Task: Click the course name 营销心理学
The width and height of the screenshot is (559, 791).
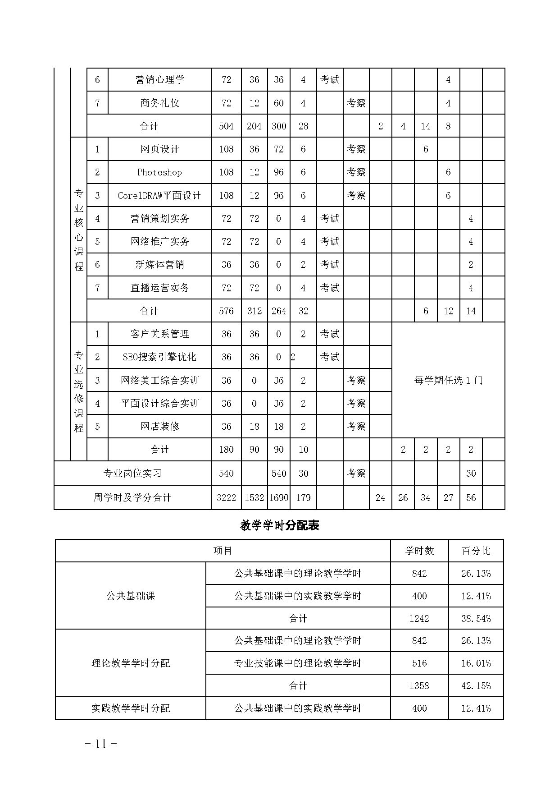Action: point(160,80)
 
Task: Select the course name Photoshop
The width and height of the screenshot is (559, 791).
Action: point(159,172)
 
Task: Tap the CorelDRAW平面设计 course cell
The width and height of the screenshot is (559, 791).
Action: point(159,196)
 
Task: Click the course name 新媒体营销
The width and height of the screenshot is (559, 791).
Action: point(159,265)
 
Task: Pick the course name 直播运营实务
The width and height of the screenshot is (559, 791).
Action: point(159,288)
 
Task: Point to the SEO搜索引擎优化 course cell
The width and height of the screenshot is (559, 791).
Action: point(159,357)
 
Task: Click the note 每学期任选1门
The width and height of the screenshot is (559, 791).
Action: point(448,380)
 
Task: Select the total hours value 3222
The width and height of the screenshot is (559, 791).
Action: point(226,498)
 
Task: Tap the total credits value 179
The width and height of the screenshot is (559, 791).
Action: point(303,498)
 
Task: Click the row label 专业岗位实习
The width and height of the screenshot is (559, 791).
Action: point(132,474)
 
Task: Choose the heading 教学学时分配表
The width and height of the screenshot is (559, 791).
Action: point(280,525)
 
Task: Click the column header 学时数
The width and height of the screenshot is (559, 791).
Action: point(419,551)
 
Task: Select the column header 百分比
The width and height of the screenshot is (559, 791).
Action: point(476,551)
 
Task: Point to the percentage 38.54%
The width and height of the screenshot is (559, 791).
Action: point(476,618)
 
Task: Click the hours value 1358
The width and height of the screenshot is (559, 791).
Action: point(419,686)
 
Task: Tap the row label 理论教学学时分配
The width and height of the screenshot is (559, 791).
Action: point(131,663)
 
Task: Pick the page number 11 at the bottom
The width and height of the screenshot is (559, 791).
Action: point(101,744)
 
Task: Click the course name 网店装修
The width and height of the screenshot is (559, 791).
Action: point(159,427)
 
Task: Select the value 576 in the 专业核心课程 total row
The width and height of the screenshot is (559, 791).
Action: point(226,311)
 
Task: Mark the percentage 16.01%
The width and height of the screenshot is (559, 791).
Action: point(476,663)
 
